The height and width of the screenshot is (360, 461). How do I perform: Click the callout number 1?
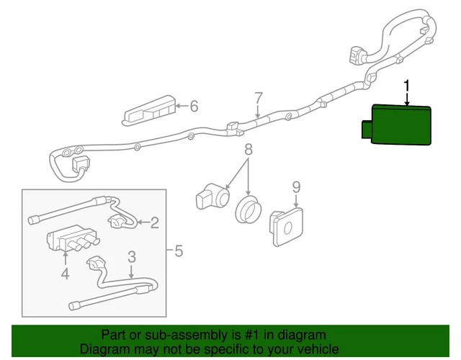(408, 87)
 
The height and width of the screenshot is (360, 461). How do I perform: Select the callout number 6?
(194, 107)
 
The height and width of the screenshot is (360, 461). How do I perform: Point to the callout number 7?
(259, 99)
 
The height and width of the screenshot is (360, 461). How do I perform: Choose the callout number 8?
(249, 150)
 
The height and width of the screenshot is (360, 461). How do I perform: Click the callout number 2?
(154, 222)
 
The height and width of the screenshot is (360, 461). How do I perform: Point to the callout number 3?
(132, 256)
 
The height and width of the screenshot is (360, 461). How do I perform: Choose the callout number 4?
(65, 274)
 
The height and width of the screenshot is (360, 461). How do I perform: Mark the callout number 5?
(179, 251)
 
